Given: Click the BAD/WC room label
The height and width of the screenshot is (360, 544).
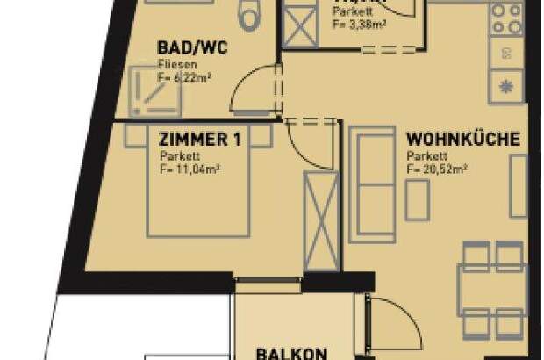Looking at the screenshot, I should click(x=191, y=47).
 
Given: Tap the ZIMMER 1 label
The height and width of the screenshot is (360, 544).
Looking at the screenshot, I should click(x=200, y=139).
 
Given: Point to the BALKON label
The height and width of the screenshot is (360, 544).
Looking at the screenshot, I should click(x=291, y=353).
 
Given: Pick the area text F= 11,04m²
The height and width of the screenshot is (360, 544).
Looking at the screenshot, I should click(x=189, y=169).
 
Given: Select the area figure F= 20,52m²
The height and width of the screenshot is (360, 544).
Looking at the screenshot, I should click(x=436, y=169).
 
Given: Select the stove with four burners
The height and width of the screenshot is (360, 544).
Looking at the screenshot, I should click(x=507, y=16).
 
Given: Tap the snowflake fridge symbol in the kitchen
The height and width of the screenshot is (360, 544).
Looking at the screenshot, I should click(x=507, y=86).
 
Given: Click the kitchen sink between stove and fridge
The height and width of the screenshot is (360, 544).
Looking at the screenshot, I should click(x=507, y=52).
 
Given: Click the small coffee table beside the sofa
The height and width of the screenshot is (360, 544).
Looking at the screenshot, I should click(x=417, y=202).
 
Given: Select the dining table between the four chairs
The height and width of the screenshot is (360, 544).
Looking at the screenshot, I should click(x=493, y=289).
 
